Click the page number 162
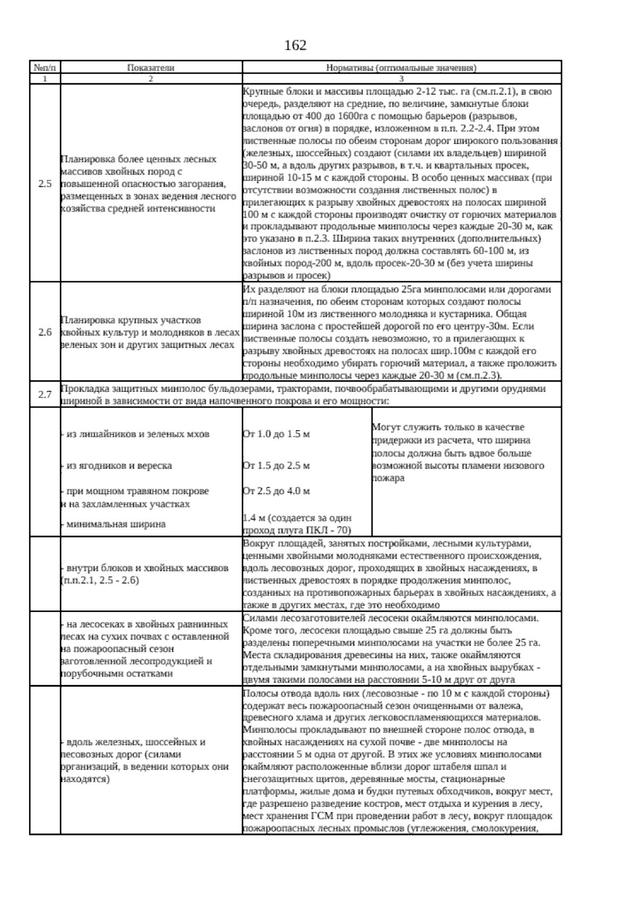coord(296,46)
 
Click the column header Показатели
coord(151,68)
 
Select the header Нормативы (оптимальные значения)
coord(401,68)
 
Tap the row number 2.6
coord(45,333)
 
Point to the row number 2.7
coord(45,395)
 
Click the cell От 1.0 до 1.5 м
coord(276,434)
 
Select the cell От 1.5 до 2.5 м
coord(276,466)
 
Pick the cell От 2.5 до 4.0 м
coord(276,491)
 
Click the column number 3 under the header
coord(401,79)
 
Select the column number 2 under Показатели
coord(151,79)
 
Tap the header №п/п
coord(45,68)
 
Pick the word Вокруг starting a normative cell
coord(256,544)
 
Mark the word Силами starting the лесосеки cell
coord(258,618)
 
